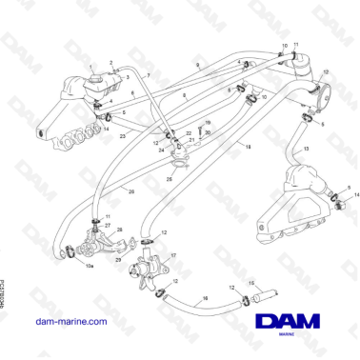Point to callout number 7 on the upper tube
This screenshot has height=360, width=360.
148,74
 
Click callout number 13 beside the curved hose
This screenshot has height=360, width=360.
305,150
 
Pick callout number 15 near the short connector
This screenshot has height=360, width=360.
251,283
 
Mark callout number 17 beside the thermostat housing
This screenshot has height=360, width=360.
173,255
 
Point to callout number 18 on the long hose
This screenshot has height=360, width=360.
247,148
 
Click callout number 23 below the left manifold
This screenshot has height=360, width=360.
123,136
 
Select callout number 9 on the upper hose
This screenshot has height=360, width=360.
197,63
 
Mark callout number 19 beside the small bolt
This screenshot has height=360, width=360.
209,123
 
